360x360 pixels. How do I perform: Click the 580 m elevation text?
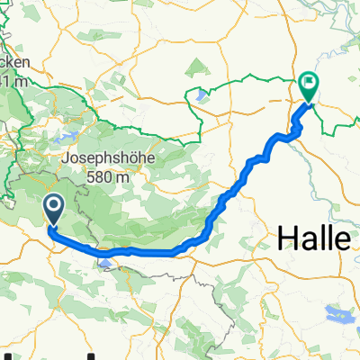106,177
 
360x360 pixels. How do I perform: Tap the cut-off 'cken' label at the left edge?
16,64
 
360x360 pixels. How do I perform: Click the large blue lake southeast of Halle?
340,314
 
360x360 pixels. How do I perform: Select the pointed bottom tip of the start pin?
53,225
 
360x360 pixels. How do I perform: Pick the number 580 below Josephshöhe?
98,177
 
